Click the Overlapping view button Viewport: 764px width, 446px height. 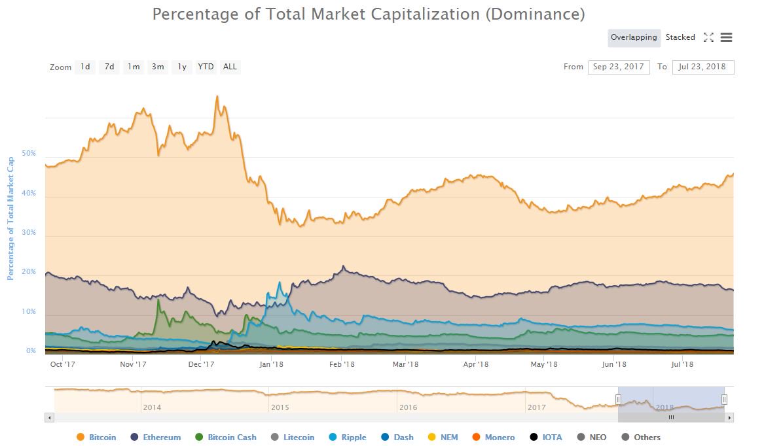[633, 37]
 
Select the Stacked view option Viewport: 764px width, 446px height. [680, 37]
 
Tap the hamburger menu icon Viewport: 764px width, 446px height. [726, 37]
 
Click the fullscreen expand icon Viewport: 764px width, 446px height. [708, 37]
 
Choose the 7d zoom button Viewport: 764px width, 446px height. [109, 67]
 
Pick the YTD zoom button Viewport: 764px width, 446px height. [206, 67]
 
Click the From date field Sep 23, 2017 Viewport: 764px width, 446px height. [619, 67]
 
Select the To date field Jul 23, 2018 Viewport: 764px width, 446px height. [702, 67]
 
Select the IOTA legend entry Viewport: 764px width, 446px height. [547, 437]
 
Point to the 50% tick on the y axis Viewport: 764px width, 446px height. [29, 154]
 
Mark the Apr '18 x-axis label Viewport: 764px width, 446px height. [476, 364]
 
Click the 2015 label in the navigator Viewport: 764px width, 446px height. [280, 407]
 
